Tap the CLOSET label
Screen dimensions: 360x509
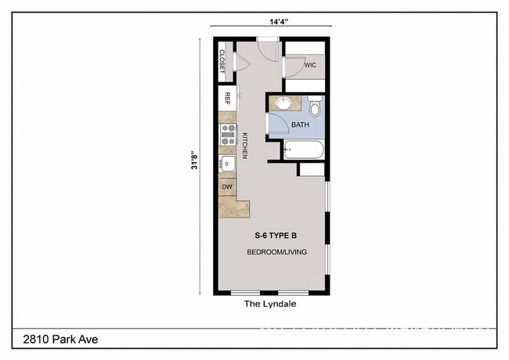[222, 63]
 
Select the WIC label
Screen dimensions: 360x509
[309, 67]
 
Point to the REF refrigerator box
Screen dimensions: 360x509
[228, 99]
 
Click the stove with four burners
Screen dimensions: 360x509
[229, 135]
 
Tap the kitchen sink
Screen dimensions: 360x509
[228, 164]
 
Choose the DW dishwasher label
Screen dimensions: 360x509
[228, 187]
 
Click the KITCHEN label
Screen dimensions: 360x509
[244, 146]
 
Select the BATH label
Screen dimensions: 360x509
[301, 124]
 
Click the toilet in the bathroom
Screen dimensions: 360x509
[315, 105]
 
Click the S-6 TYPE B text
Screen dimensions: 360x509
[276, 236]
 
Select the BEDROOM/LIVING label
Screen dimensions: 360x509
[276, 252]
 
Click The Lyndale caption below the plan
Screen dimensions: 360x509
[270, 304]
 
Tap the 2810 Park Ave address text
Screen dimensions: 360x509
[55, 339]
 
